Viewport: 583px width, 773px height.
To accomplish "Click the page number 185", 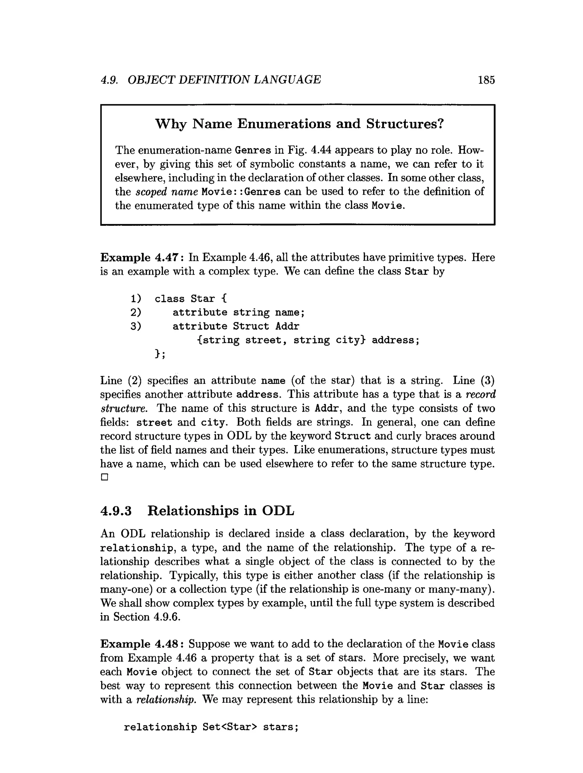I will point(486,80).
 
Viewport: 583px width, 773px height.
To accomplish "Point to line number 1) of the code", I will point(136,299).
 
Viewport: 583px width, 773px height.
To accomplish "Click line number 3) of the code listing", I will point(136,327).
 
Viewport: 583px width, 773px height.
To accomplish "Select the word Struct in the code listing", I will point(251,327).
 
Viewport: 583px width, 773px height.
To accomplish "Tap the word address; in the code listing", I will point(395,340).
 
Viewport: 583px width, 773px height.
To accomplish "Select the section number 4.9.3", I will point(116,511).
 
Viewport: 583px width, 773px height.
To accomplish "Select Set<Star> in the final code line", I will point(229,727).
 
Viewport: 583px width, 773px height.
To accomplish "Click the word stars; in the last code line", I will point(281,727).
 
